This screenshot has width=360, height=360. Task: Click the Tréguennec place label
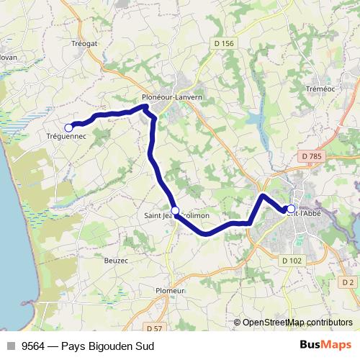(66, 136)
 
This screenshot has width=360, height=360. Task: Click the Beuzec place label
(116, 260)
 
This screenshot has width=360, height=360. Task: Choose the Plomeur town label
(171, 290)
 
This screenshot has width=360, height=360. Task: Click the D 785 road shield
(312, 156)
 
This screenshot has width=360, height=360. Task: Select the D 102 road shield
(292, 261)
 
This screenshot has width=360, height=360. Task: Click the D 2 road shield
(348, 282)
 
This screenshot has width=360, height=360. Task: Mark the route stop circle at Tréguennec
(69, 127)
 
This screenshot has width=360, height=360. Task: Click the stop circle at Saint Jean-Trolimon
(175, 210)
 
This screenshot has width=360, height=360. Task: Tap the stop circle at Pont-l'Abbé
(291, 210)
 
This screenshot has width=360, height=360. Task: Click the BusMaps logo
(325, 346)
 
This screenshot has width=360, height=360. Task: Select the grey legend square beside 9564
(11, 346)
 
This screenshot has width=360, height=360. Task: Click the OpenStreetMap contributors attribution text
(297, 323)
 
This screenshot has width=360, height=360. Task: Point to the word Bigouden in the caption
(109, 346)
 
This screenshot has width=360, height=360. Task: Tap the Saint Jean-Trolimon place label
(177, 215)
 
